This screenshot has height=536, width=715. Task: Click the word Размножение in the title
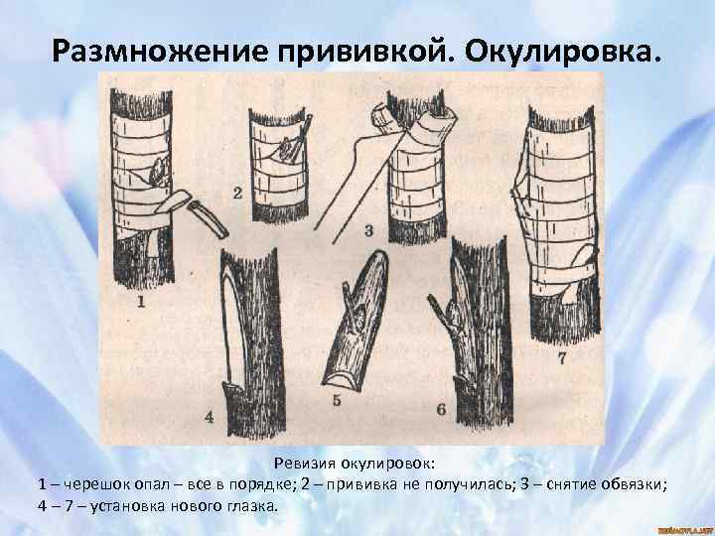tap(160, 51)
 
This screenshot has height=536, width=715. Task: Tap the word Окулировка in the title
tap(563, 51)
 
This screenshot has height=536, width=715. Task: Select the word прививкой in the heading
tap(363, 51)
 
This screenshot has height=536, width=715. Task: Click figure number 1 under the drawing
tap(141, 302)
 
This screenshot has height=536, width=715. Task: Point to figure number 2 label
tap(237, 194)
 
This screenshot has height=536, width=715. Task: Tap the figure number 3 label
tap(368, 230)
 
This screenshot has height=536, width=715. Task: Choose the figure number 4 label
tap(209, 417)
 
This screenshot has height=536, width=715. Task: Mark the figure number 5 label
tap(337, 400)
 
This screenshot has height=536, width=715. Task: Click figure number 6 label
tap(441, 409)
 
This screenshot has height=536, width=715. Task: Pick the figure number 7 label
tap(562, 358)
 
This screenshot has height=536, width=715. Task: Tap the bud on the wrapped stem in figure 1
tap(158, 172)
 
